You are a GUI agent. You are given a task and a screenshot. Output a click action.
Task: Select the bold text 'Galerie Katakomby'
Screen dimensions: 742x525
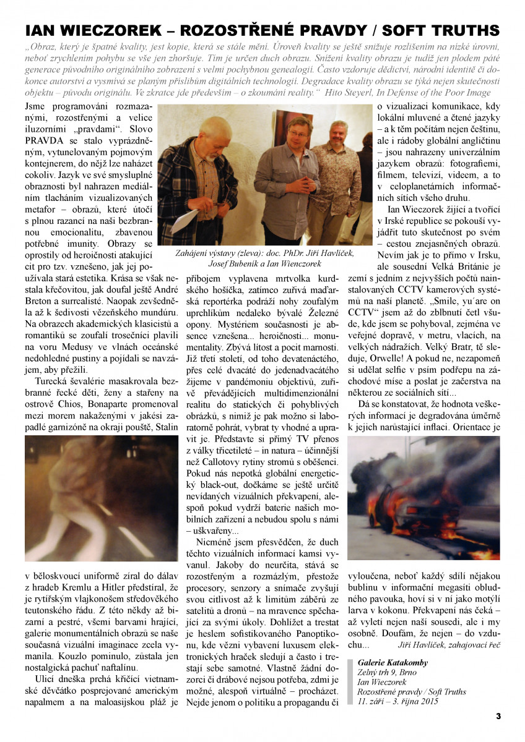click(393, 662)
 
